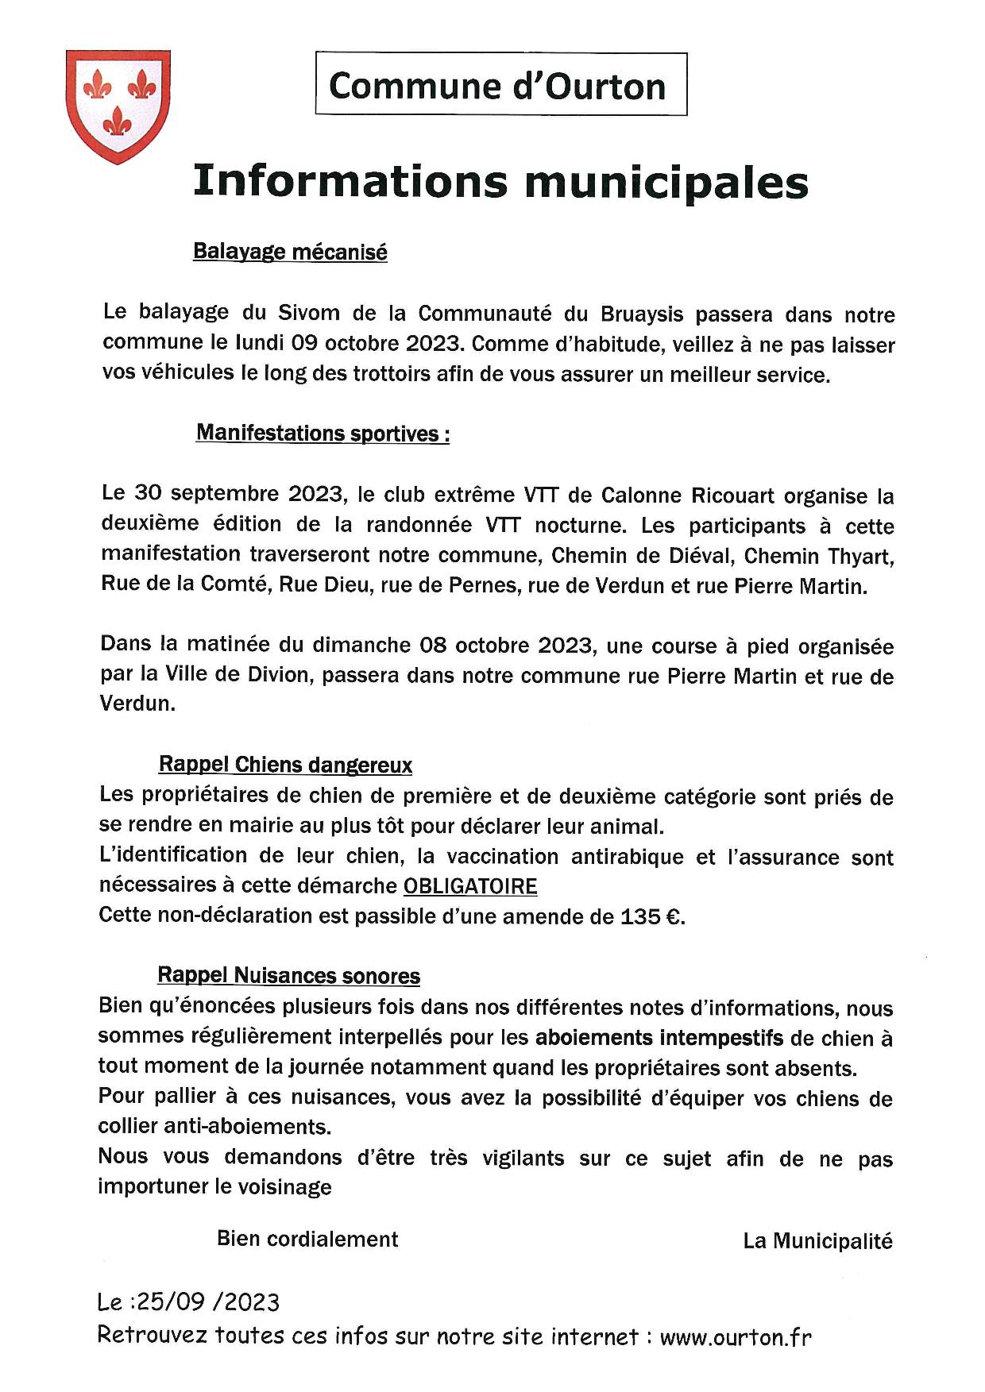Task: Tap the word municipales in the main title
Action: click(x=666, y=182)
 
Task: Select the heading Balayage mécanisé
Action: click(x=290, y=252)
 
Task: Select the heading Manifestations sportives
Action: click(x=322, y=434)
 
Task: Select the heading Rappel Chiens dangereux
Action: click(x=285, y=765)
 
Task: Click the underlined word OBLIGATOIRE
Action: click(x=470, y=886)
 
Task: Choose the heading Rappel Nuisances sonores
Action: click(x=288, y=976)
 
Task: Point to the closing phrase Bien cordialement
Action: click(x=307, y=1240)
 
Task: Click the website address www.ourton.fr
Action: click(x=736, y=1337)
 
